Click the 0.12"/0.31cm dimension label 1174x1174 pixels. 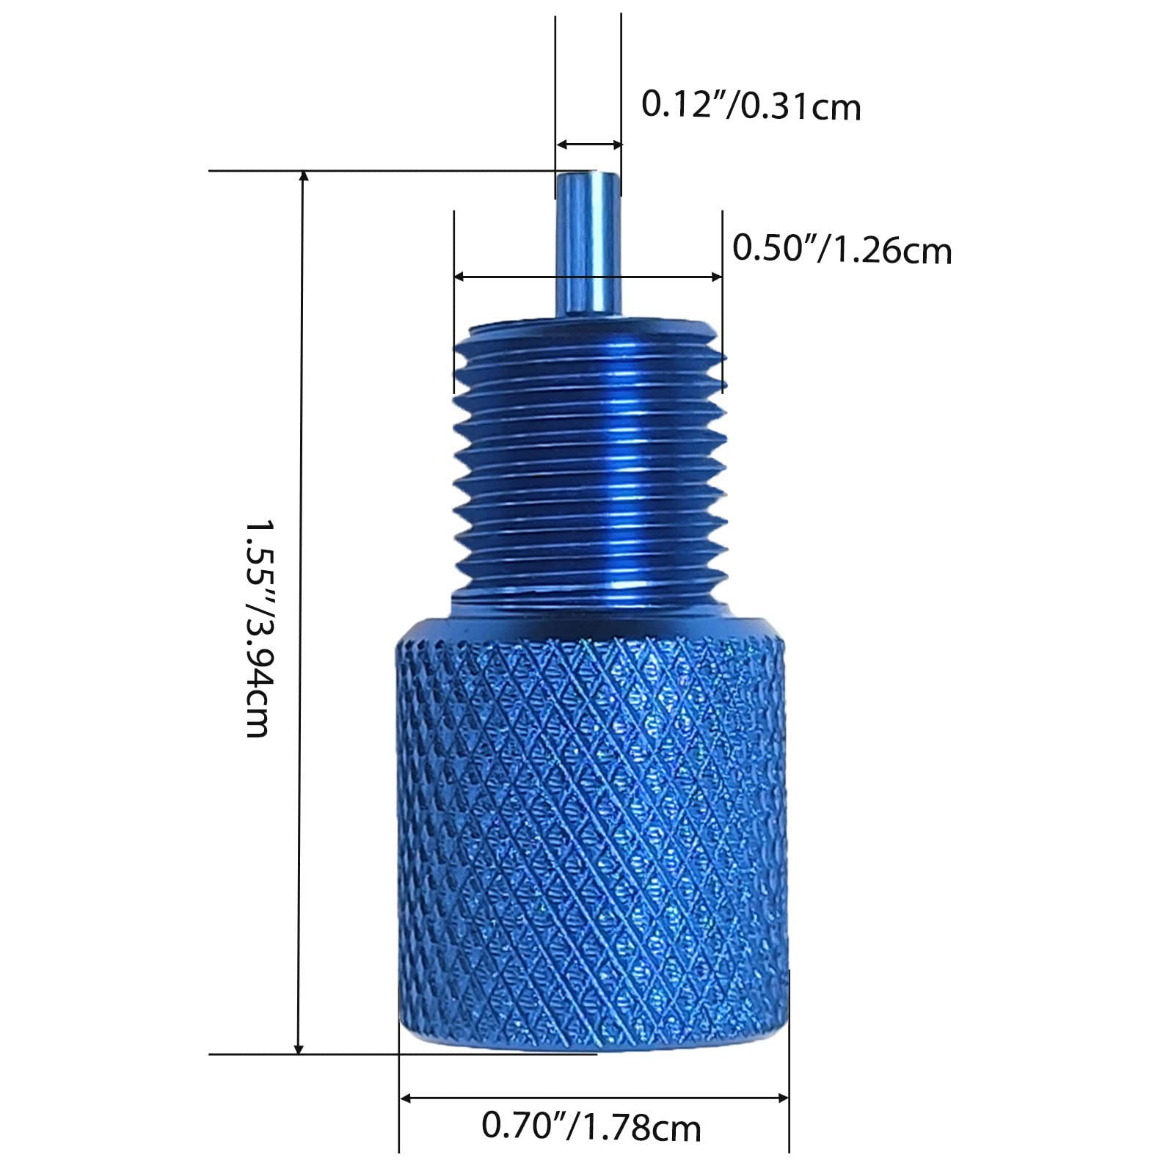pyautogui.click(x=751, y=106)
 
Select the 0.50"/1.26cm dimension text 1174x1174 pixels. pyautogui.click(x=842, y=249)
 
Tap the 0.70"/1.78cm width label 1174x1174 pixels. pyautogui.click(x=591, y=1126)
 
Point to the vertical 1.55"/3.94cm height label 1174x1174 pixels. pyautogui.click(x=258, y=628)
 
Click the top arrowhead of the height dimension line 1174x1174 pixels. pyautogui.click(x=302, y=177)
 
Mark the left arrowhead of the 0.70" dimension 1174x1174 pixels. pyautogui.click(x=405, y=1098)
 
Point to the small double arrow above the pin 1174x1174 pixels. pyautogui.click(x=588, y=145)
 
